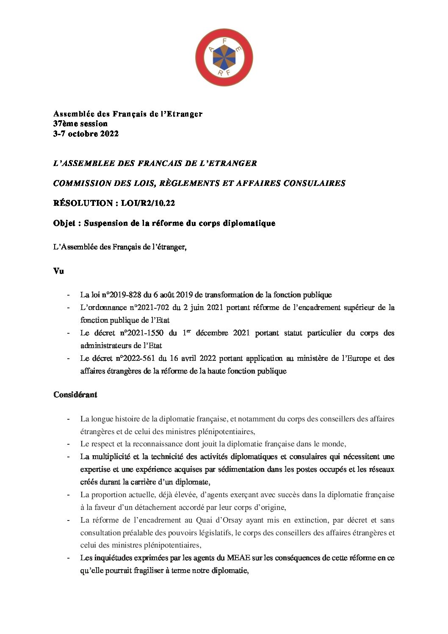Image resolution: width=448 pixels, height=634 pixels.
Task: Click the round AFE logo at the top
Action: point(224,57)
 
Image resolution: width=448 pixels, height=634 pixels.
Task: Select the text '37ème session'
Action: point(80,124)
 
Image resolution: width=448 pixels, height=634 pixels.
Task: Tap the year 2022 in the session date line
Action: point(109,134)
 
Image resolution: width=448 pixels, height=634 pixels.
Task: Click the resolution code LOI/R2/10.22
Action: point(148,203)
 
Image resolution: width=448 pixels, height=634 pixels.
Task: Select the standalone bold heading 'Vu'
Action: point(58,271)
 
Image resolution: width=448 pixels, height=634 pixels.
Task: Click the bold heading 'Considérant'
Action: point(75,395)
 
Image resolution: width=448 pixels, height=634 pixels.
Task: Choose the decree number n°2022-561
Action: point(135,358)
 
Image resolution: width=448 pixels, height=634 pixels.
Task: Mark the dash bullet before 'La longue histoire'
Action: point(68,419)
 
